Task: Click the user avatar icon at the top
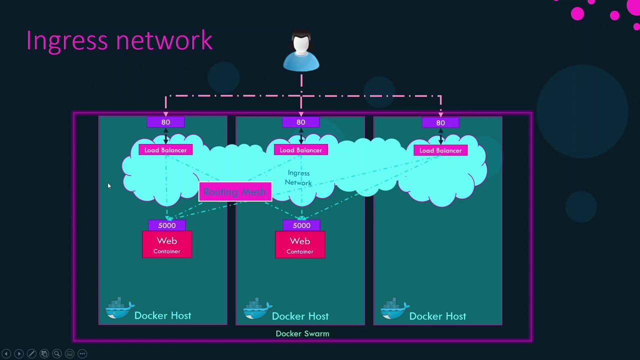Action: [301, 52]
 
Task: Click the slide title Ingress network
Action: [119, 40]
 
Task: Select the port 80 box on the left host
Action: [165, 122]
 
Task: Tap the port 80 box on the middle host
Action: [300, 122]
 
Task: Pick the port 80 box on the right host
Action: [440, 122]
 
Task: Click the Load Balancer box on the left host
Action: [165, 150]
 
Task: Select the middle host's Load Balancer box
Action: [300, 150]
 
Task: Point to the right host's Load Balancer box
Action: [440, 150]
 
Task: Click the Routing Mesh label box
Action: [235, 192]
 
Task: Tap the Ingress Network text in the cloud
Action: [298, 178]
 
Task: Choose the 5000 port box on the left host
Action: [167, 225]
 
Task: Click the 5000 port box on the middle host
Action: [301, 225]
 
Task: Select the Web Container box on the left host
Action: [167, 244]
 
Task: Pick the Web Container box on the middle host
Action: [300, 244]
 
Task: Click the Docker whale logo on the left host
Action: [119, 309]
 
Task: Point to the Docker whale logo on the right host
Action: [394, 309]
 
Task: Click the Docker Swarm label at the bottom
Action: [302, 333]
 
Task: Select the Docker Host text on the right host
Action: [437, 316]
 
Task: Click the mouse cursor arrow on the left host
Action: [109, 186]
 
